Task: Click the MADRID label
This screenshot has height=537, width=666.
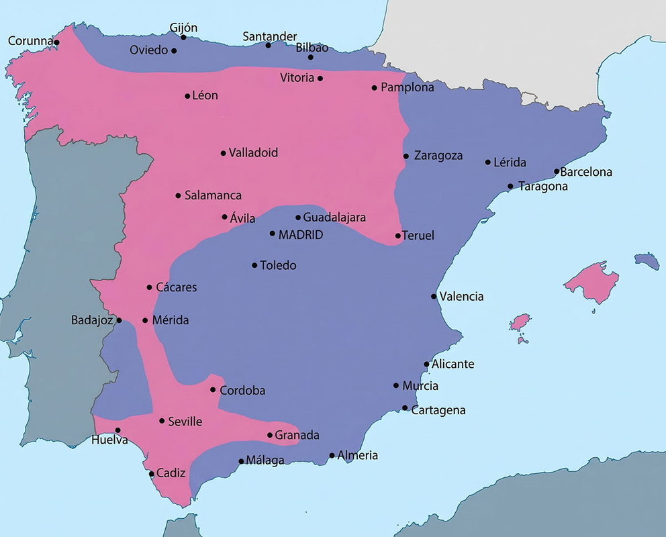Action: pos(300,235)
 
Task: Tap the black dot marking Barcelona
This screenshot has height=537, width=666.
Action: pos(557,171)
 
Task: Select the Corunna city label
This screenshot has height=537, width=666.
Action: pos(30,42)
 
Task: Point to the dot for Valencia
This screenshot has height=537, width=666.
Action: pos(434,297)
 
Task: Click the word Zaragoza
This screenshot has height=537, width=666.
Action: pos(438,156)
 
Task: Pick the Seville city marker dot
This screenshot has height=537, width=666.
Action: pos(162,421)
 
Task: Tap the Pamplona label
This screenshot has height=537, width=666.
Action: pos(407,87)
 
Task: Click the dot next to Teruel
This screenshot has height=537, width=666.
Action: pos(398,236)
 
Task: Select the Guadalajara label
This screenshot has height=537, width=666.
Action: pos(334,217)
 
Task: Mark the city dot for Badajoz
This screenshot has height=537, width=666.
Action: pos(120,320)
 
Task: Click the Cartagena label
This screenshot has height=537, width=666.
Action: pos(438,410)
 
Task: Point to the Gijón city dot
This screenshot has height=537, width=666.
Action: pos(183,37)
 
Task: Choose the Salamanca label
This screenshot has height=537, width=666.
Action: pos(213,195)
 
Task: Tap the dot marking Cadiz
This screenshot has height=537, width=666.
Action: pos(151,474)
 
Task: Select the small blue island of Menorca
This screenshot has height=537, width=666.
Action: pos(647,260)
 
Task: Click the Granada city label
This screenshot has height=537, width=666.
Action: pos(297,435)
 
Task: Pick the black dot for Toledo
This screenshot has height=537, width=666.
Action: pos(254,265)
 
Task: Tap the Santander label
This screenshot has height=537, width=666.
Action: pos(270,36)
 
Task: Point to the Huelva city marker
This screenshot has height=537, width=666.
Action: pos(117,430)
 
